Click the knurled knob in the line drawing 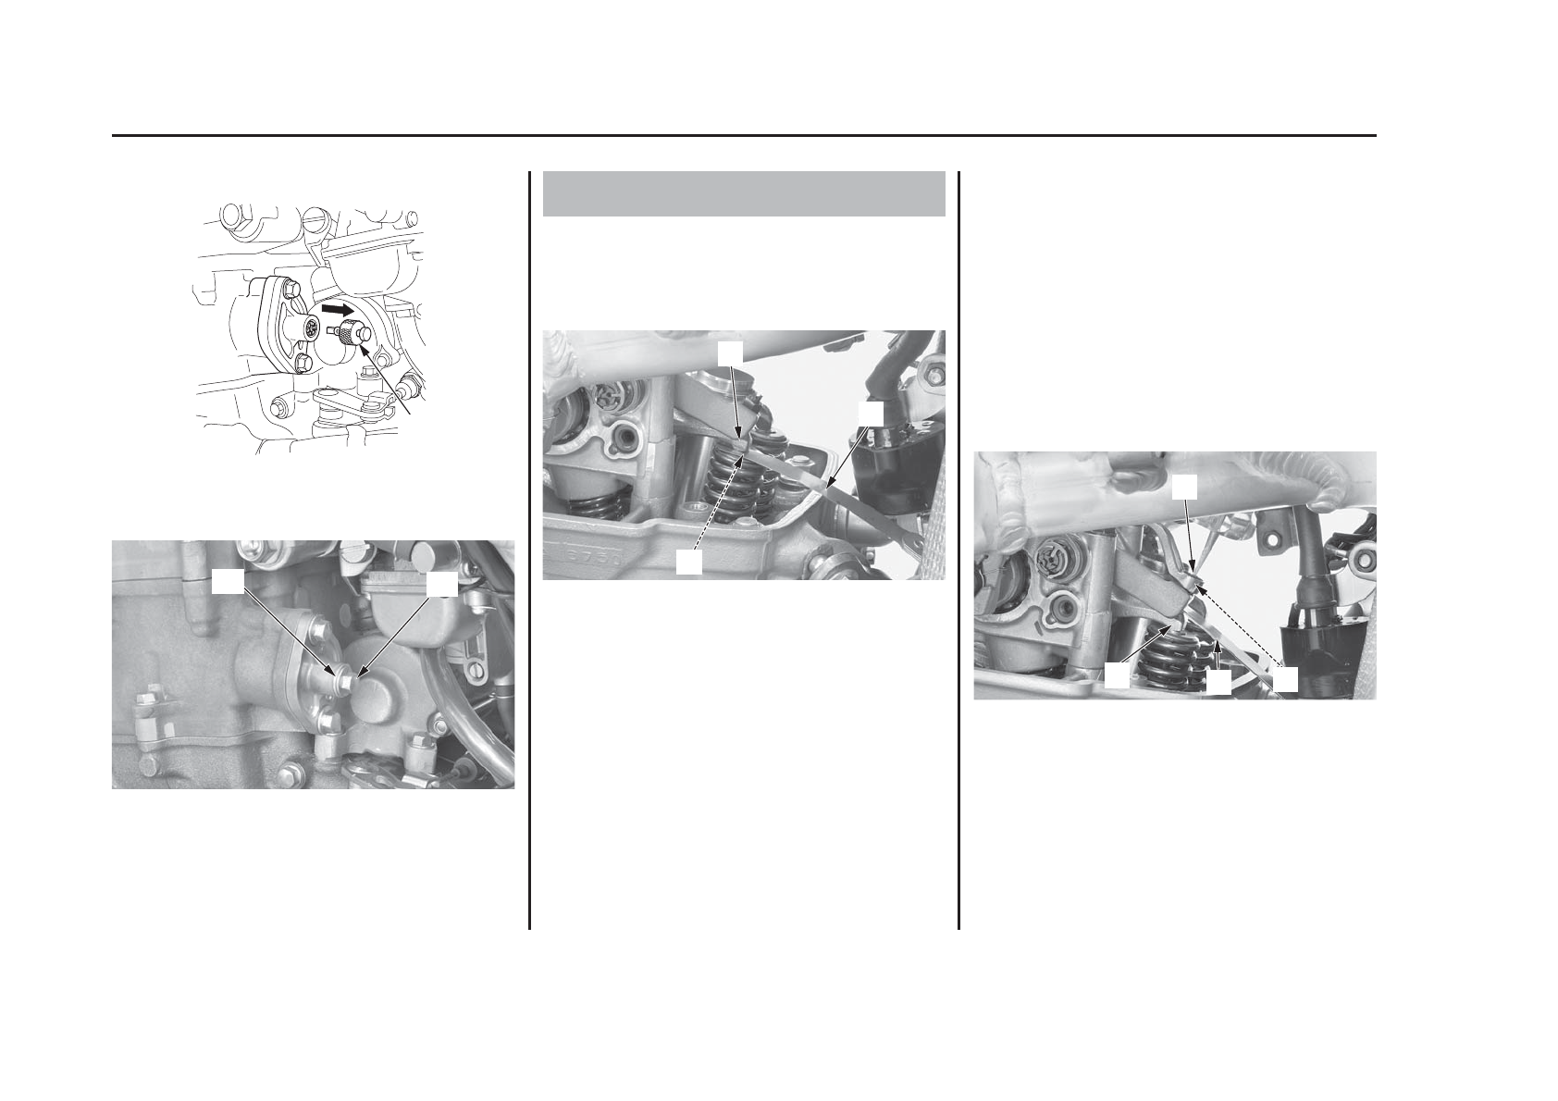349,333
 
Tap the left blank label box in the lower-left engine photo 229,581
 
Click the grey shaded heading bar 743,193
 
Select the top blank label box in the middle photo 731,352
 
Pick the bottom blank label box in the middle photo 687,562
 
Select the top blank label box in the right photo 1185,488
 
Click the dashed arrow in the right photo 1240,625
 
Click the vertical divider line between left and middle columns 529,550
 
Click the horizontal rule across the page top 744,136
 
